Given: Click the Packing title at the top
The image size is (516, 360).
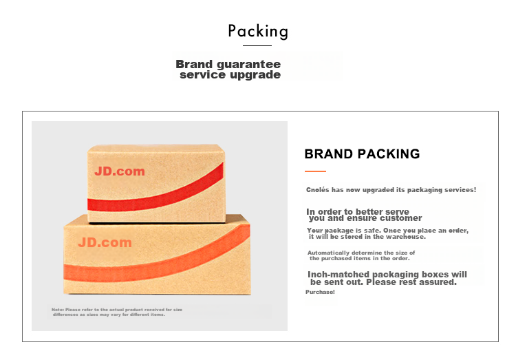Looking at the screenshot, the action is coord(258,32).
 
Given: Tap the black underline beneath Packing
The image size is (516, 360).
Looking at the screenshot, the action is coord(257,45).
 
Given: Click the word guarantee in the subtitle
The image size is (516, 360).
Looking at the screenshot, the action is coord(249,65).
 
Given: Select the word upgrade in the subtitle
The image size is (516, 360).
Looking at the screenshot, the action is coord(255,75).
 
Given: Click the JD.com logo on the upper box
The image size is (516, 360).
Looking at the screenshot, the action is coord(120,171).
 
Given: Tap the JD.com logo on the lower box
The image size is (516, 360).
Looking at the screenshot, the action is coord(105,242).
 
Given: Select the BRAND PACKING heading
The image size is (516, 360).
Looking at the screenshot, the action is coord(362,153).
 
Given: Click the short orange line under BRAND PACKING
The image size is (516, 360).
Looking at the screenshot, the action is coord(315,171).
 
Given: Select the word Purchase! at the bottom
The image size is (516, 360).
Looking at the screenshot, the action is coord(320,292).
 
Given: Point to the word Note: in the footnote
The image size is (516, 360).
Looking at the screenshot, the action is coord(58,310).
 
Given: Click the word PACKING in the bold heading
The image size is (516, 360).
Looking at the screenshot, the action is coord(389,153).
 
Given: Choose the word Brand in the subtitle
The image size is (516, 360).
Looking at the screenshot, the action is coord(194,64).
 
